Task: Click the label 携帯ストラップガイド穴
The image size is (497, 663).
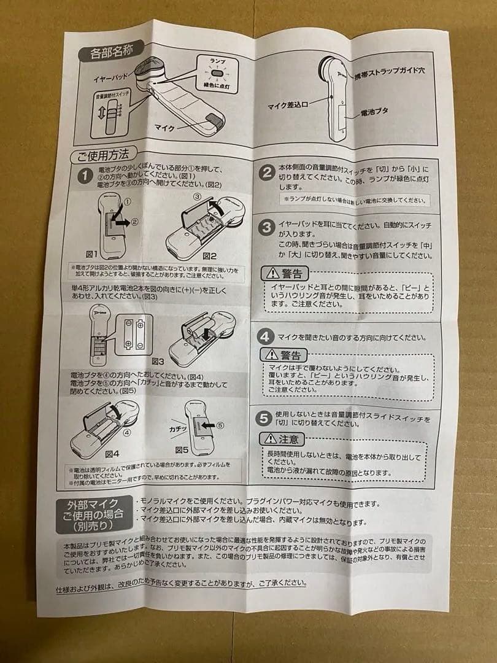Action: point(390,72)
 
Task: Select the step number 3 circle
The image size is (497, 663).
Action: point(266,228)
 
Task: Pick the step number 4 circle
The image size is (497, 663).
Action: point(264,336)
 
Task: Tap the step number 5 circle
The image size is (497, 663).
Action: point(264,419)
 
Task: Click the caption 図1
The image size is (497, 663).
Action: point(92,254)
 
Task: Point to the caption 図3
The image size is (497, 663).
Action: point(158,362)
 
